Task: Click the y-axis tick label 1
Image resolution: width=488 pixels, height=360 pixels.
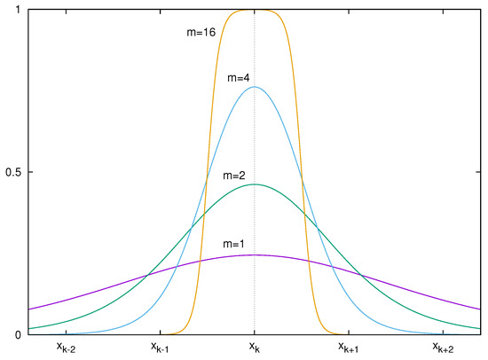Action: [x=19, y=9]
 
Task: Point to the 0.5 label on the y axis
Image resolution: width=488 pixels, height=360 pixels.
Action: [x=12, y=172]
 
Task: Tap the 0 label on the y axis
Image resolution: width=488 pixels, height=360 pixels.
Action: [x=19, y=335]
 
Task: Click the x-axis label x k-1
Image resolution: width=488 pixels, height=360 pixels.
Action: [x=161, y=348]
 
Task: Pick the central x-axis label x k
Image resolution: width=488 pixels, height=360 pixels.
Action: [x=255, y=348]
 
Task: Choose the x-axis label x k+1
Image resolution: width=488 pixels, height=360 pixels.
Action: [x=347, y=348]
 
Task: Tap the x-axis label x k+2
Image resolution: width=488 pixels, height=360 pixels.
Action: [x=441, y=348]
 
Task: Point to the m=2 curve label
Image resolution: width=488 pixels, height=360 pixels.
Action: [x=236, y=176]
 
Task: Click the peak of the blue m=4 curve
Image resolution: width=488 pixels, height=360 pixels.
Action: [x=255, y=87]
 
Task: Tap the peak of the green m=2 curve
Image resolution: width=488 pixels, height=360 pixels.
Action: [x=255, y=184]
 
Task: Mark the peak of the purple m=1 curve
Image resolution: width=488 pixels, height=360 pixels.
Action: [x=255, y=255]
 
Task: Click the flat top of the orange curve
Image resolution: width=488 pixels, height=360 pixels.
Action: [x=255, y=10]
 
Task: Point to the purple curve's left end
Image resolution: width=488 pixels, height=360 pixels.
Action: [x=29, y=309]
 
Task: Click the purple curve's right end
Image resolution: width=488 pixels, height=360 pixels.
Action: [x=480, y=309]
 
